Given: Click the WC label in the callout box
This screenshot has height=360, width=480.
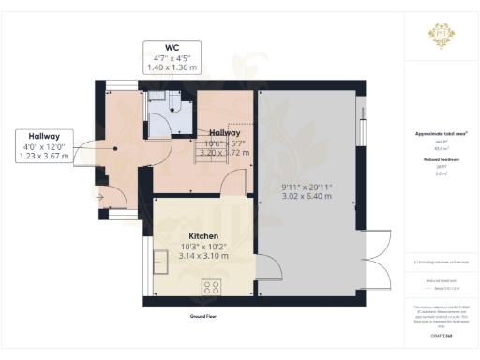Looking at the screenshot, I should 172,47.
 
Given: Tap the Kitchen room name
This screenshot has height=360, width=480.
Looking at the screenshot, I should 203,235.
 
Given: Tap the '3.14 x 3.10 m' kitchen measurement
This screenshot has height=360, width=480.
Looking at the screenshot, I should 203,256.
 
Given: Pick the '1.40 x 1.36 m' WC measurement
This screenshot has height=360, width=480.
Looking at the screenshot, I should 172,67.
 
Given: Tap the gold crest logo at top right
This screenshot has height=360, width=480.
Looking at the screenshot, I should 441,36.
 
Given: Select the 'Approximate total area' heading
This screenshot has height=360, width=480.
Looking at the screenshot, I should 441,133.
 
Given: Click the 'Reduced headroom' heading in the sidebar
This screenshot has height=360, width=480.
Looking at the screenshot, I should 441,160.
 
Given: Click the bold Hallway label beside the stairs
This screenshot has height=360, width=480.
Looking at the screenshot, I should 224,133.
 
